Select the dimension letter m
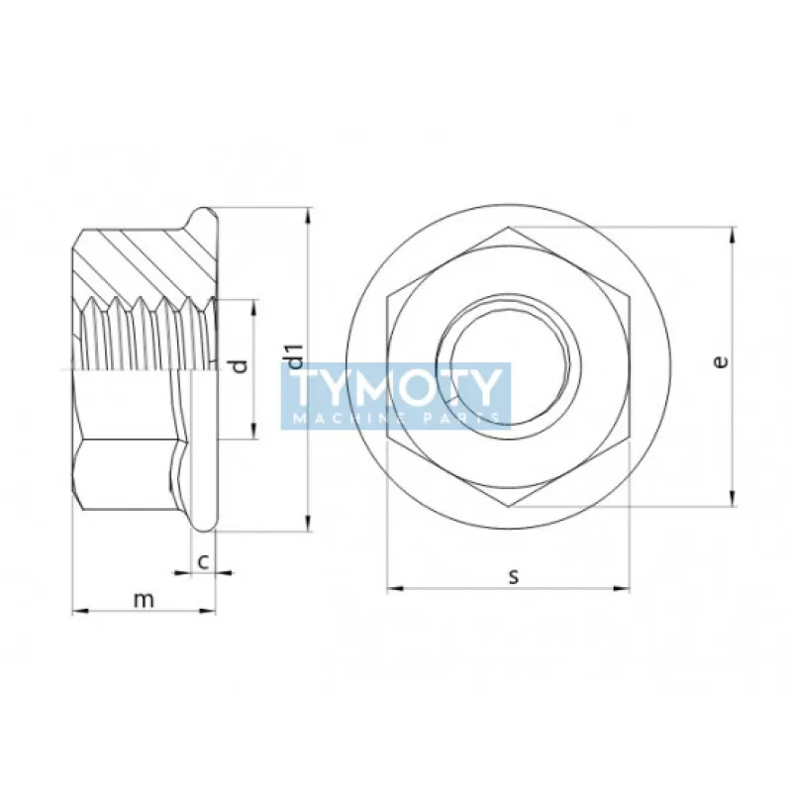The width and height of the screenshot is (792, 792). pyautogui.click(x=145, y=599)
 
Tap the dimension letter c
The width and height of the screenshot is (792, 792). pyautogui.click(x=203, y=561)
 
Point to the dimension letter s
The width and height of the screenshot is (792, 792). pyautogui.click(x=513, y=576)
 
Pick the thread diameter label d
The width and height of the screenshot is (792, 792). pyautogui.click(x=239, y=367)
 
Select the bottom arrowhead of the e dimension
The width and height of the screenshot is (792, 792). pyautogui.click(x=733, y=499)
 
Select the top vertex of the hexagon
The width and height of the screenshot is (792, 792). pyautogui.click(x=509, y=228)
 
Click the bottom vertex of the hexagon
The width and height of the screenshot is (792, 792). pyautogui.click(x=509, y=505)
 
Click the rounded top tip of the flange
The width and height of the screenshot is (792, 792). pyautogui.click(x=203, y=211)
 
